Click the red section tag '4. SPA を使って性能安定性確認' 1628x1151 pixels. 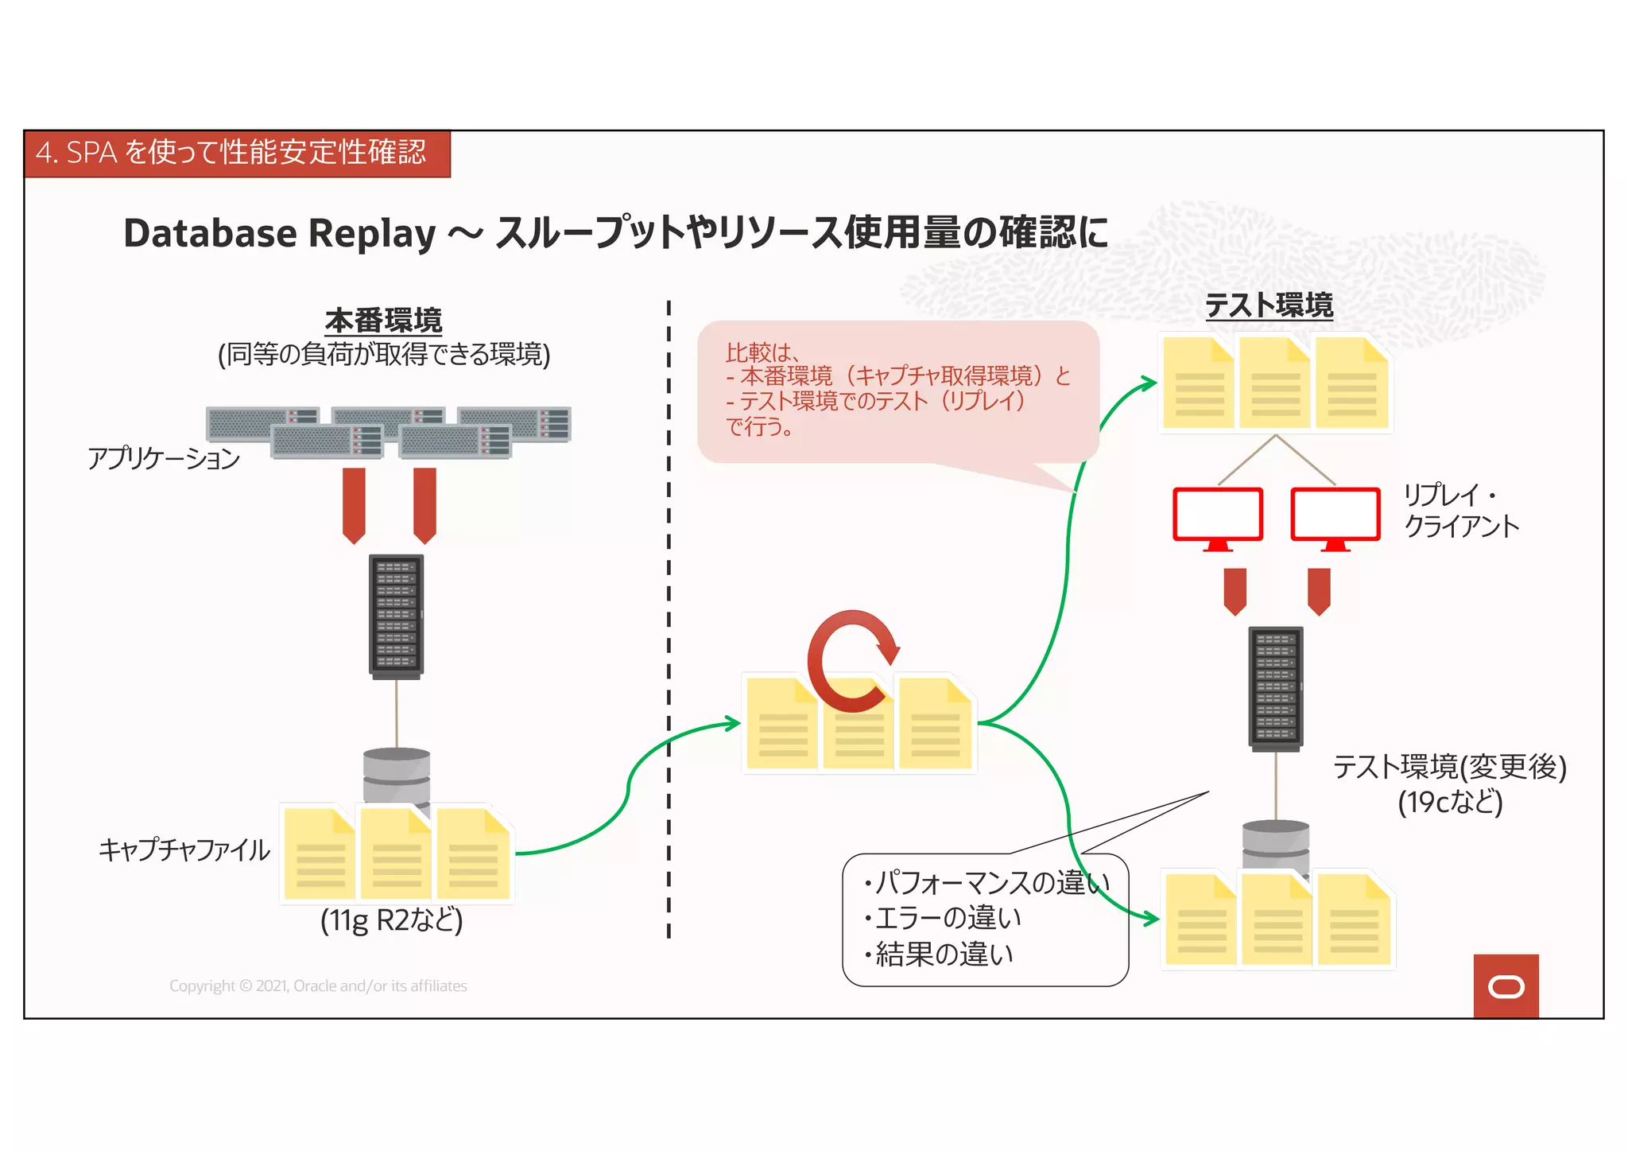(237, 154)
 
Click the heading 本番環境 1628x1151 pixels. (383, 321)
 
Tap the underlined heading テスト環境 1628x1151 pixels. (1269, 305)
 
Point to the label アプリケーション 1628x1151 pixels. (164, 458)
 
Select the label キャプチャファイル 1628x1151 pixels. (184, 850)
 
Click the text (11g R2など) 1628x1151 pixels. (391, 920)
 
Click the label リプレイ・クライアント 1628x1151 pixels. (1460, 510)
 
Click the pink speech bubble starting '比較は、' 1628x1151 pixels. (897, 390)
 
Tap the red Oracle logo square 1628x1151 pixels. (1506, 986)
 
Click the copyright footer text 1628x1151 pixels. (318, 986)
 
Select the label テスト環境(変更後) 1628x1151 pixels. (1449, 768)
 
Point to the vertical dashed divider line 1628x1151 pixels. (669, 620)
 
